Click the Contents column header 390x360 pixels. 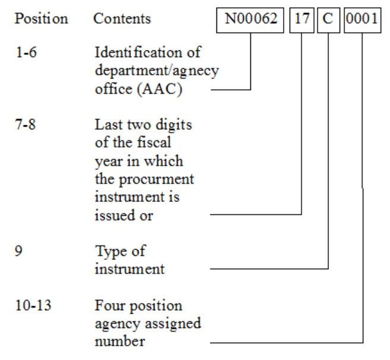pyautogui.click(x=122, y=19)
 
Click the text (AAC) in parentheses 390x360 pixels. pyautogui.click(x=147, y=87)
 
